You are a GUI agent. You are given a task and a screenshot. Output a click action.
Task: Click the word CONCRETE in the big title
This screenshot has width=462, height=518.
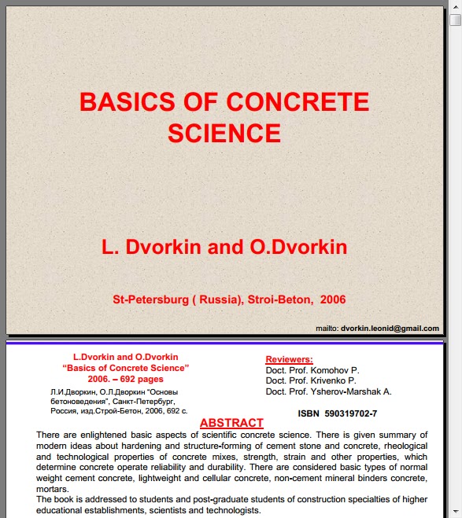pos(297,101)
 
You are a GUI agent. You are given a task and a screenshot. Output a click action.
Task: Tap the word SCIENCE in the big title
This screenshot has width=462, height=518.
pos(224,133)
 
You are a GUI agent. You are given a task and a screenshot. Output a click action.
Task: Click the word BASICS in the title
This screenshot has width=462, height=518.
pos(120,101)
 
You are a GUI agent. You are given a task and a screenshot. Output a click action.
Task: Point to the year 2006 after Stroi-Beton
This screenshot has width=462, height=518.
pos(333,299)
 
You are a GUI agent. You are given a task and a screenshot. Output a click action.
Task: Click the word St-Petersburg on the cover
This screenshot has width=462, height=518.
pos(151,299)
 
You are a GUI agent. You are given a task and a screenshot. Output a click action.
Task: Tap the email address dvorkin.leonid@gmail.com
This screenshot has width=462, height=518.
pos(390,328)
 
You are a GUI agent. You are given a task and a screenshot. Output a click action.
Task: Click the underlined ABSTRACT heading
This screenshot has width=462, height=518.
pos(231,423)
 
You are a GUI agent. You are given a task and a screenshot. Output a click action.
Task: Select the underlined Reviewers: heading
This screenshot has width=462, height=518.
pos(289,359)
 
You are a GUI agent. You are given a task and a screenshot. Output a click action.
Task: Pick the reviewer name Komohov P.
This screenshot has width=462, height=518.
pos(331,369)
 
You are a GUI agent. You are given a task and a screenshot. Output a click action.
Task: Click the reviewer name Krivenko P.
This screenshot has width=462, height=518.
pos(330,380)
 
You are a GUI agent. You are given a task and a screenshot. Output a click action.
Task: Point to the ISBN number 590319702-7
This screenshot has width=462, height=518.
pos(350,413)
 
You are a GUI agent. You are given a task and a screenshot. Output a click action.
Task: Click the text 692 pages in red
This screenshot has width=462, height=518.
pos(146,378)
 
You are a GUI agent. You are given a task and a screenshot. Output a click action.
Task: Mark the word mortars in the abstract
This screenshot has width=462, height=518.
pos(52,488)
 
